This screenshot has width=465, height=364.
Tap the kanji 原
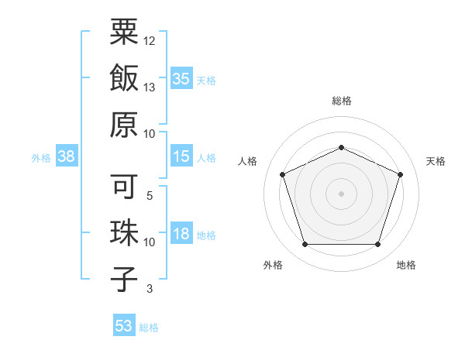click(124, 124)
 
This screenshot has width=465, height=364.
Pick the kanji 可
click(124, 187)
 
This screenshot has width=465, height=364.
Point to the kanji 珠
click(124, 233)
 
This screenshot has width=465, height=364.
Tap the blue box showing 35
click(181, 78)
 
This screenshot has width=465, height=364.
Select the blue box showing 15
click(181, 156)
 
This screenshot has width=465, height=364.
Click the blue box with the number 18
click(181, 234)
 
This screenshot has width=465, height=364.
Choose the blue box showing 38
click(67, 156)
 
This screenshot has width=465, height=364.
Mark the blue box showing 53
click(124, 325)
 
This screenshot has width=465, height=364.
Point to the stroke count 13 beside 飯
click(150, 88)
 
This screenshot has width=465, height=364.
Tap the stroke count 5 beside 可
click(149, 197)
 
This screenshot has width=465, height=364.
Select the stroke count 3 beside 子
click(149, 290)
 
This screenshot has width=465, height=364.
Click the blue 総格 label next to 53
click(149, 327)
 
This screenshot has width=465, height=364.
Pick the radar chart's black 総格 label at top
click(341, 101)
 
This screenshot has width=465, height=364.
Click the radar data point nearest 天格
click(401, 174)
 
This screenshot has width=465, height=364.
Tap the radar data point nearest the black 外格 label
click(305, 245)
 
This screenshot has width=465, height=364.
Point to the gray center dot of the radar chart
click(341, 194)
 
